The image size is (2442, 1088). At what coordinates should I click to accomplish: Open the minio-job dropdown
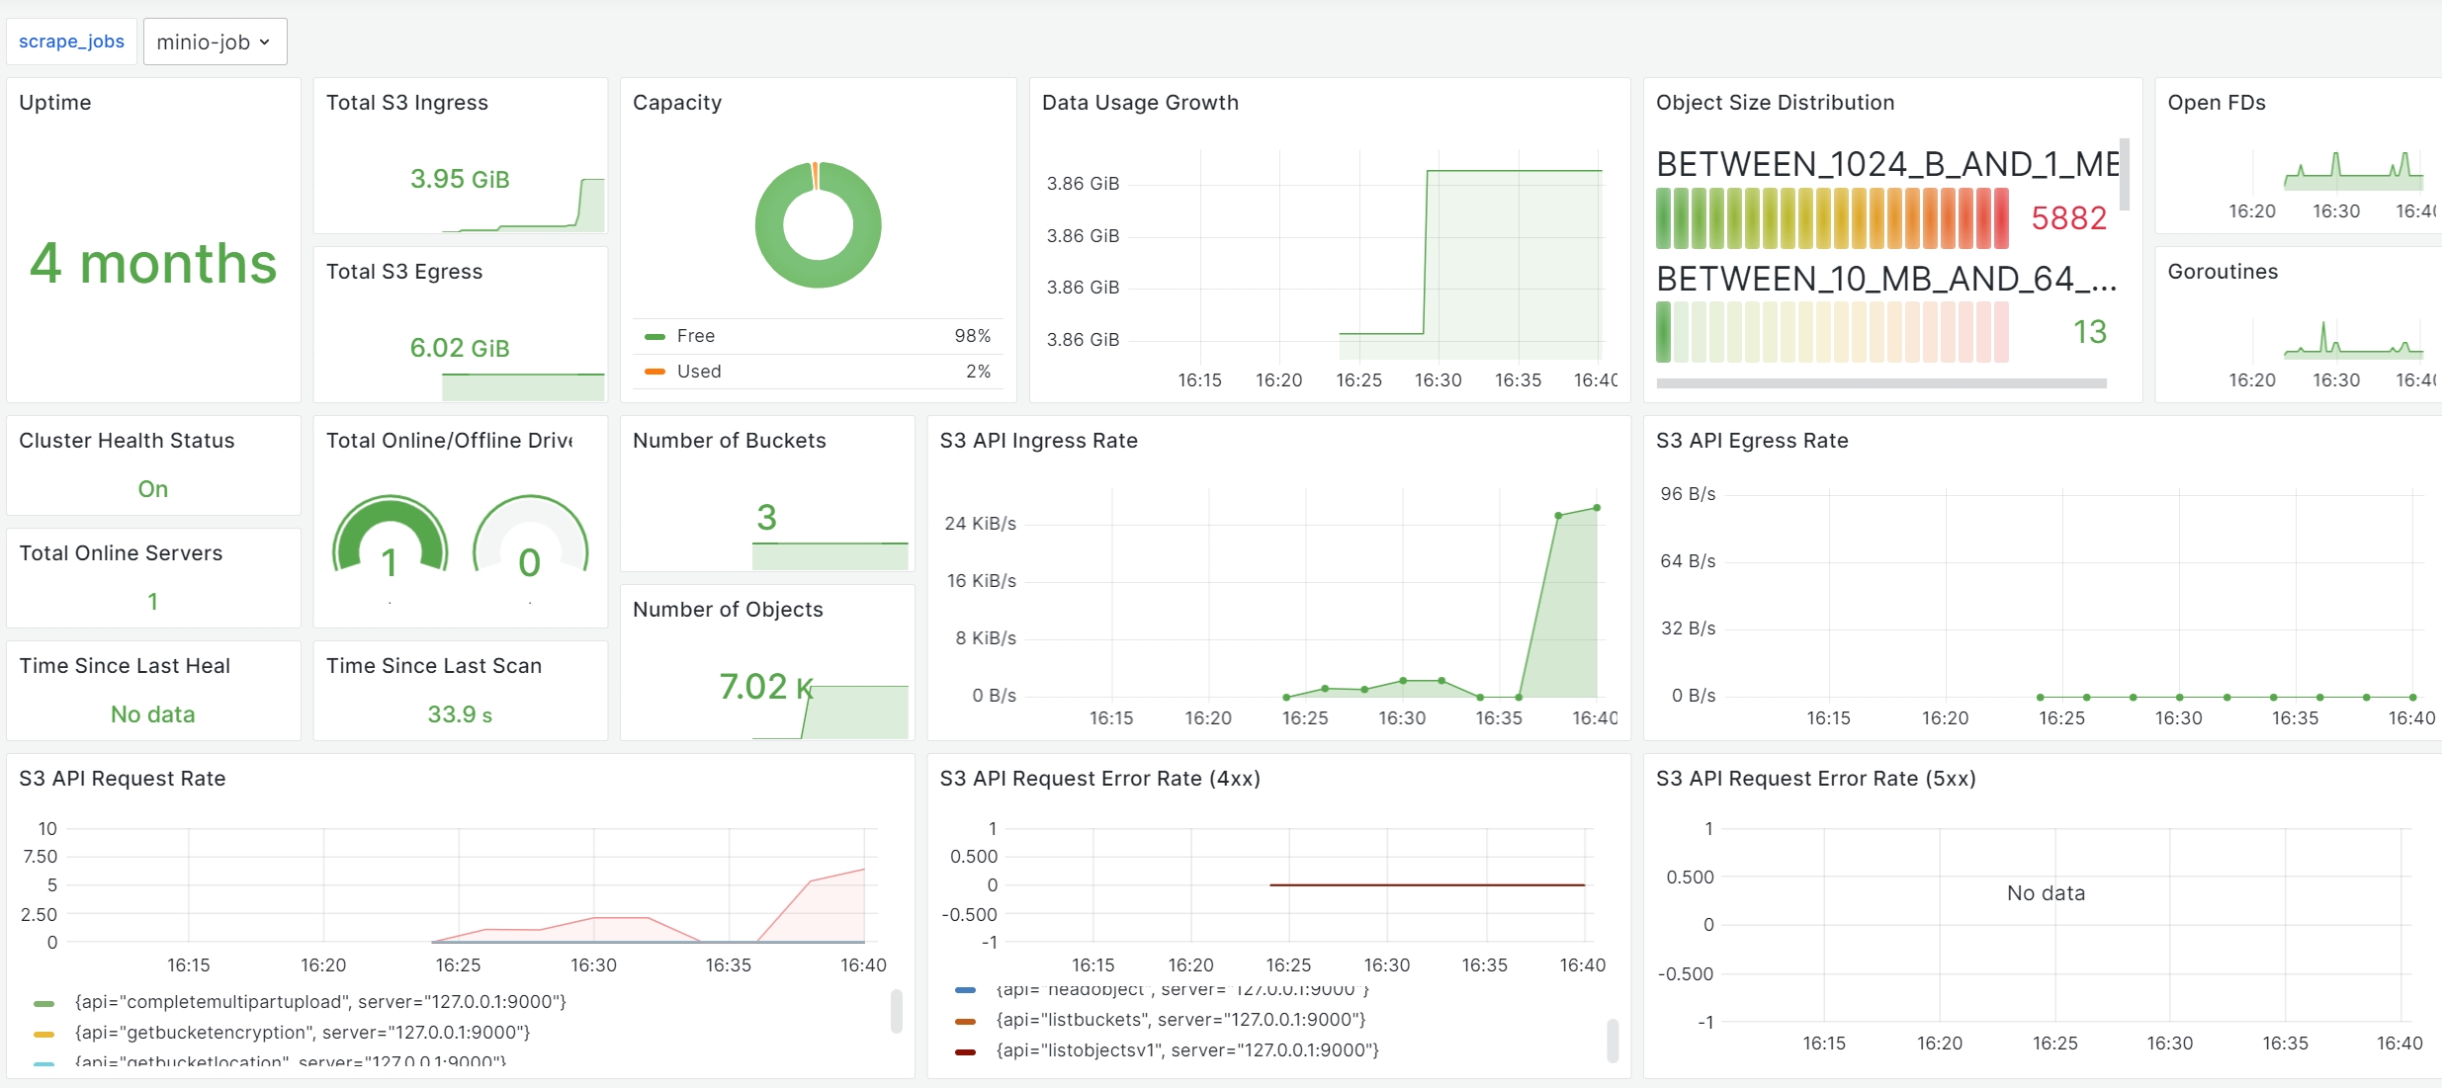(x=215, y=42)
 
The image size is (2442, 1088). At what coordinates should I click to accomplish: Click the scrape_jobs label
(x=71, y=42)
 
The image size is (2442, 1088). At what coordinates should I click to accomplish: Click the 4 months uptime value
(x=153, y=264)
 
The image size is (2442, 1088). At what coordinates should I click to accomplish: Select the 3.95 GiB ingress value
(x=460, y=179)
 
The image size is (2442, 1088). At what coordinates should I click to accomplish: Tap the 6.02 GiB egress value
(x=460, y=348)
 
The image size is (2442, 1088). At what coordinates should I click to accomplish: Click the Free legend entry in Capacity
(x=695, y=336)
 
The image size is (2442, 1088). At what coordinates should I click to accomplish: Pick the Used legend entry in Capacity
(x=698, y=372)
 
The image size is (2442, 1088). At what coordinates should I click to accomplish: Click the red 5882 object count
(x=2068, y=217)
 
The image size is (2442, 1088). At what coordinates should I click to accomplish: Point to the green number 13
(x=2089, y=332)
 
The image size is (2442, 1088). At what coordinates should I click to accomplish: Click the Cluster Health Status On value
(x=153, y=489)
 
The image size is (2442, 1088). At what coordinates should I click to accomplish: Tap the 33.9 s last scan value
(x=460, y=714)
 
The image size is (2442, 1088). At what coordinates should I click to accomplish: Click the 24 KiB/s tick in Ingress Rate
(x=980, y=524)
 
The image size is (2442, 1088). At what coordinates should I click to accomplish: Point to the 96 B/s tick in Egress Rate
(x=1688, y=494)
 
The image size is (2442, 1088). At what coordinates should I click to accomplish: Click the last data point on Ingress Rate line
(x=1597, y=508)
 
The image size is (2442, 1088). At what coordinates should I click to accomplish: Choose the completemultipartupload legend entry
(x=320, y=1002)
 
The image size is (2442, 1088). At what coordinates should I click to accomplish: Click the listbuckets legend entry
(x=1180, y=1020)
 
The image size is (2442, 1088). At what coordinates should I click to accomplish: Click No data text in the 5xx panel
(x=2046, y=893)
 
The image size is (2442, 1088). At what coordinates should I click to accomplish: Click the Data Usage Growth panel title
(x=1140, y=103)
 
